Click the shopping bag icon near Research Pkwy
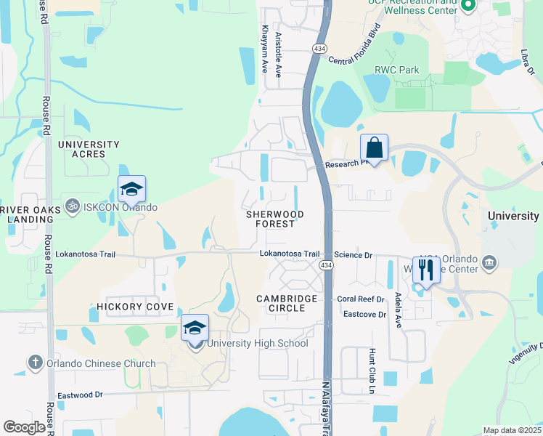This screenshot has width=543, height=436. (x=374, y=148)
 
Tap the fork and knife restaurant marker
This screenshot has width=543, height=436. (x=425, y=270)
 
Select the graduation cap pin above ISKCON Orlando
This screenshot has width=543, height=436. (x=131, y=190)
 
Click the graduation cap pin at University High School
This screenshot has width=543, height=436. (x=195, y=328)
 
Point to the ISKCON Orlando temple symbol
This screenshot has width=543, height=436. (x=71, y=207)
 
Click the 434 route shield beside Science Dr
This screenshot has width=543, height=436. (x=329, y=266)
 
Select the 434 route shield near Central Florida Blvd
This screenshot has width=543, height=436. (x=319, y=48)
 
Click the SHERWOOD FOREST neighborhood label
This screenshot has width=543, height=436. (x=274, y=219)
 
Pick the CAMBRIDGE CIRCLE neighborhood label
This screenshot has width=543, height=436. (x=287, y=303)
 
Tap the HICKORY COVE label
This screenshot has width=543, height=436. (x=135, y=307)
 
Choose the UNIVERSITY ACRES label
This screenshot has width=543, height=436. (x=89, y=149)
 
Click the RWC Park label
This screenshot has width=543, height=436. (x=396, y=70)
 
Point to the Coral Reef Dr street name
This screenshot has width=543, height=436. (x=359, y=299)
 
